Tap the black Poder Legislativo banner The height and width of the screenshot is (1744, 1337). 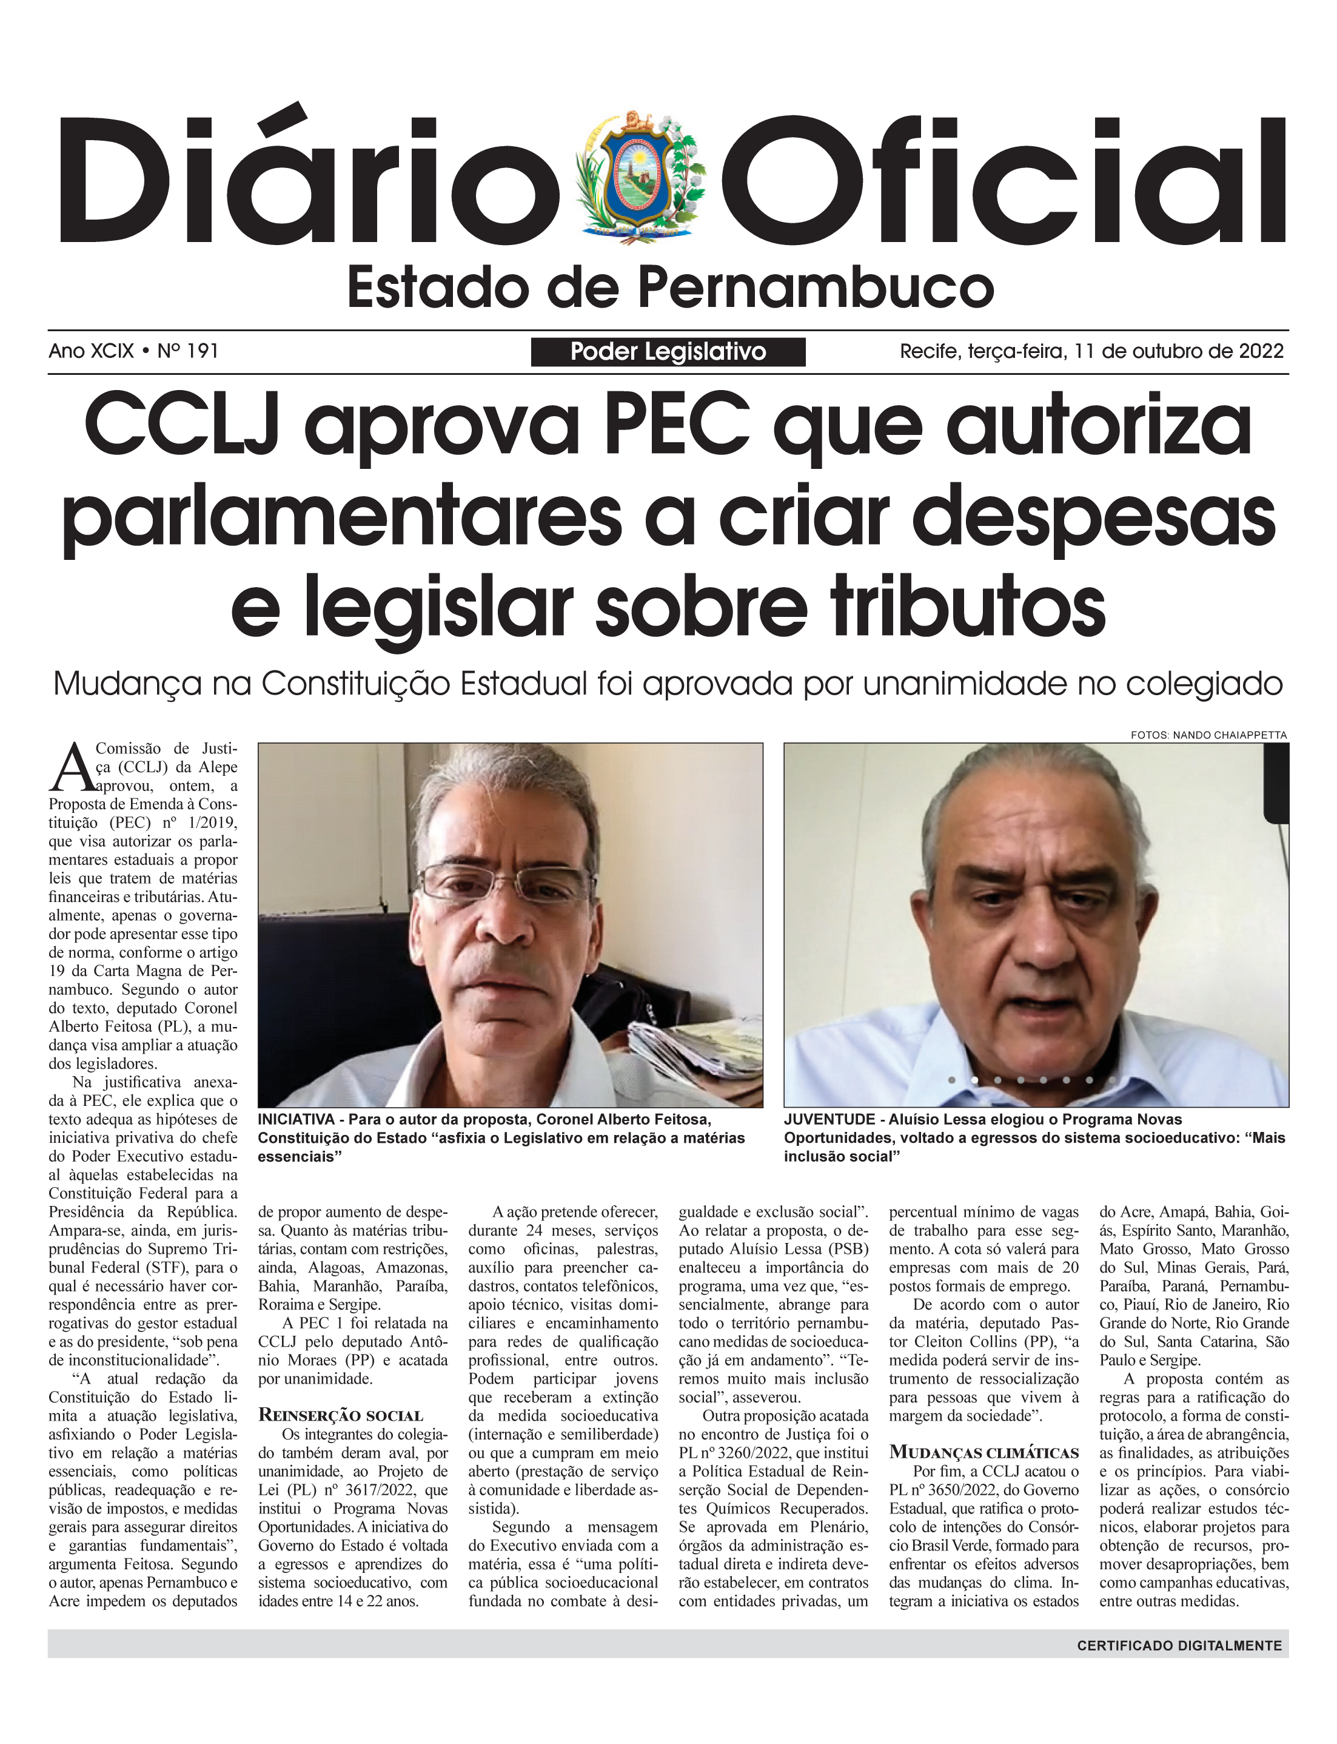point(668,351)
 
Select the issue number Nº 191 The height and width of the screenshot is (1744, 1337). point(188,351)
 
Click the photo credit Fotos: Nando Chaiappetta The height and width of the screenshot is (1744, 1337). point(1208,735)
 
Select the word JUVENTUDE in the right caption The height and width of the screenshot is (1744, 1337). point(828,1119)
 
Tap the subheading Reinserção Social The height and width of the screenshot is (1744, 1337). point(341,1415)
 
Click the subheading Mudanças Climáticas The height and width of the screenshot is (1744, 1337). point(983,1452)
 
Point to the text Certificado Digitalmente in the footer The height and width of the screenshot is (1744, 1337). point(1179,1645)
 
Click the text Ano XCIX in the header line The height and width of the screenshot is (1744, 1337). point(91,351)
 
